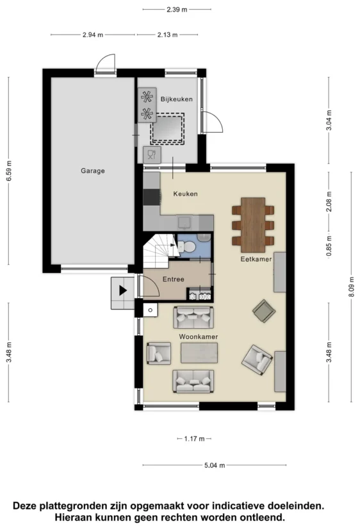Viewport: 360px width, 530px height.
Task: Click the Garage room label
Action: coord(92,170)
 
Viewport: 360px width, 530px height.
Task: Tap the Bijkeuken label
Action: coord(177,99)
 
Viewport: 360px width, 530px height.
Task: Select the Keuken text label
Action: coord(185,194)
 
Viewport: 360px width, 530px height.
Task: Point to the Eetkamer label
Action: coord(256,259)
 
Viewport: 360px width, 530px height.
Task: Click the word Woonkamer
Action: coord(198,336)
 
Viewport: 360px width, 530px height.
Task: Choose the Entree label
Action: coord(174,279)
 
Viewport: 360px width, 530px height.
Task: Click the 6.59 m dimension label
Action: coord(9,170)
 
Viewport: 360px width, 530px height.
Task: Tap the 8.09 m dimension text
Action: coord(352,287)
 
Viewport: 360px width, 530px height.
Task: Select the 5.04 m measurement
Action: coord(215,465)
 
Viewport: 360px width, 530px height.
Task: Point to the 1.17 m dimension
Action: coord(194,439)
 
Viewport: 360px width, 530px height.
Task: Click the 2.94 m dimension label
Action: coord(92,35)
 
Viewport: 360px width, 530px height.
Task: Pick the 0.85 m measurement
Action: coord(329,245)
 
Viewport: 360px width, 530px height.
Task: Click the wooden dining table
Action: coord(253,225)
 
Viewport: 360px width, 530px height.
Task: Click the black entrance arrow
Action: coord(122,290)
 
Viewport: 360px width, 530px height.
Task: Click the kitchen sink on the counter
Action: coord(184,223)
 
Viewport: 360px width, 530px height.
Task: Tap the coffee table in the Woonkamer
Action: coord(199,353)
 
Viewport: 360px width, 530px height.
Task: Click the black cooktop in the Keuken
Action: coord(151,197)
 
